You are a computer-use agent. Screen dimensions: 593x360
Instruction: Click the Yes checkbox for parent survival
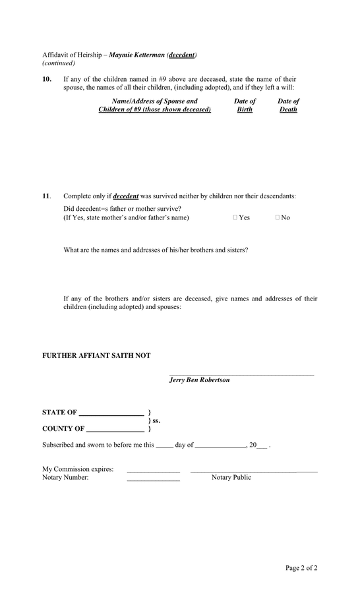point(235,217)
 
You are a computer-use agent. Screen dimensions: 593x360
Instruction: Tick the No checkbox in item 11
point(278,217)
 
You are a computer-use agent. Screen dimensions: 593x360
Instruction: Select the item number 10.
point(47,79)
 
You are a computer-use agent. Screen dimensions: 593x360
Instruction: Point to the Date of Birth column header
point(245,105)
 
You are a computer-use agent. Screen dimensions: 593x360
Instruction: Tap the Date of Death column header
point(288,105)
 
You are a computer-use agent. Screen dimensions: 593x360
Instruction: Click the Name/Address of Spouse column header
point(155,105)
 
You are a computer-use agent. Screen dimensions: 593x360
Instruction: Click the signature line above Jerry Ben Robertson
point(241,375)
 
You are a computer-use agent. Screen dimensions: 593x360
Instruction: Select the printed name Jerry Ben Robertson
point(199,380)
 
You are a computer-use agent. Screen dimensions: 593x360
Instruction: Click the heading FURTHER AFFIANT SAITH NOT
point(96,356)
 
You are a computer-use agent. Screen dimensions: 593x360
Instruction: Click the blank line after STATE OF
point(111,415)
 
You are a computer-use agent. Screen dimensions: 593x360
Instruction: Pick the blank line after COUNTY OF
point(115,432)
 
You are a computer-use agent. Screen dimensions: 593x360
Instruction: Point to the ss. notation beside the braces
point(156,420)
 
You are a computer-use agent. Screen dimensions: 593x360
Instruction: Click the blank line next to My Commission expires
point(153,472)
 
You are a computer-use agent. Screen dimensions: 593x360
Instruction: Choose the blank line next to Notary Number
point(153,480)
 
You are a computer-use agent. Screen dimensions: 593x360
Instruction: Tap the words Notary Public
point(231,478)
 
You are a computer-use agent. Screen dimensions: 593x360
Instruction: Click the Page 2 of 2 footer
point(301,568)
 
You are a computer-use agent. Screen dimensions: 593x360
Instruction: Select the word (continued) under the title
point(59,63)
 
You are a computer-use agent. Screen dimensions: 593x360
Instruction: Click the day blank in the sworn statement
point(164,447)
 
